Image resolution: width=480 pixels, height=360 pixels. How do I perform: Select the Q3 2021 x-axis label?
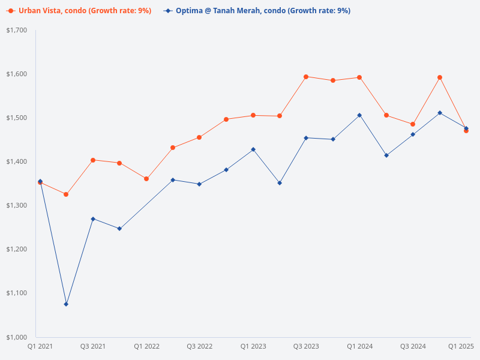pyautogui.click(x=93, y=346)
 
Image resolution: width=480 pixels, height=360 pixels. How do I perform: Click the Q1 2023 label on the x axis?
pyautogui.click(x=253, y=346)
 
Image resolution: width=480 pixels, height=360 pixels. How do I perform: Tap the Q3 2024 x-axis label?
pyautogui.click(x=413, y=346)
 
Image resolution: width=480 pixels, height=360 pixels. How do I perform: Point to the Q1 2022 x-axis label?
pyautogui.click(x=146, y=346)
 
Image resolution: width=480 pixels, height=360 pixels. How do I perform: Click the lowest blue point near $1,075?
pyautogui.click(x=66, y=304)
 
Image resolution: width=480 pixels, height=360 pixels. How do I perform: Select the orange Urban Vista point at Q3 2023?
pyautogui.click(x=306, y=77)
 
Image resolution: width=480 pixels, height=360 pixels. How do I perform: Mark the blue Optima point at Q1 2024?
pyautogui.click(x=359, y=115)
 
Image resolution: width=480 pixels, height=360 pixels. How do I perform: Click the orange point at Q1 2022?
pyautogui.click(x=146, y=179)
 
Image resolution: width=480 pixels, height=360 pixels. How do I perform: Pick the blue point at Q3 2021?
pyautogui.click(x=93, y=219)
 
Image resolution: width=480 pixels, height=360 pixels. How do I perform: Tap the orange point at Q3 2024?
pyautogui.click(x=413, y=124)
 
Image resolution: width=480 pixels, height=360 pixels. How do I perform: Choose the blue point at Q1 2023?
pyautogui.click(x=253, y=149)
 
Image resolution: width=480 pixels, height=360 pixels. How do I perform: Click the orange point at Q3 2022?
pyautogui.click(x=199, y=137)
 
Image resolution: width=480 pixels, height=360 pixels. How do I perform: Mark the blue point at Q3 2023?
pyautogui.click(x=306, y=138)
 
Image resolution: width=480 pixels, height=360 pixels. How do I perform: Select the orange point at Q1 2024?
pyautogui.click(x=359, y=77)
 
